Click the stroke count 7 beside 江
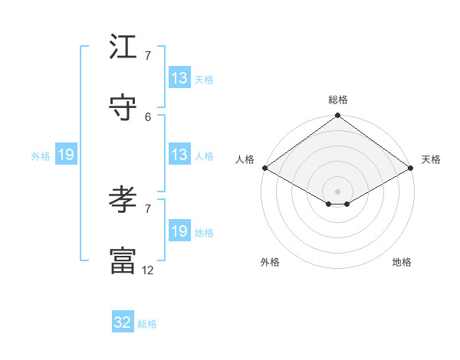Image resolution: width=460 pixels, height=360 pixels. tap(147, 56)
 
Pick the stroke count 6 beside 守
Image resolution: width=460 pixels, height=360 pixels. tap(147, 116)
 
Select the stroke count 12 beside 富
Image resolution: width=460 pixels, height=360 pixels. tap(147, 270)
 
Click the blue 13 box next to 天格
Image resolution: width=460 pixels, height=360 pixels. tap(179, 78)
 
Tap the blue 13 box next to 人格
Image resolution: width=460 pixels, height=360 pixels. tap(179, 155)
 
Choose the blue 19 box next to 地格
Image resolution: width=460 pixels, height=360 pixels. tap(179, 231)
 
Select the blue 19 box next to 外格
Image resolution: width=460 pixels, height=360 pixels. tap(66, 155)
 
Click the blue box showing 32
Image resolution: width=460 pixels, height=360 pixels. tap(123, 322)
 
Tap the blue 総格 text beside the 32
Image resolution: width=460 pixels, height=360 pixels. tap(147, 324)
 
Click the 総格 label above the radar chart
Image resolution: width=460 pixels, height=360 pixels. tap(338, 100)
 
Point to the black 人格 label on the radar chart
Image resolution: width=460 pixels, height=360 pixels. tap(245, 159)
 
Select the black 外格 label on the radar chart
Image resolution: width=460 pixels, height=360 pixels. tap(270, 262)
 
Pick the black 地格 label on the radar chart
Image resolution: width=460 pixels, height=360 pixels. tap(402, 262)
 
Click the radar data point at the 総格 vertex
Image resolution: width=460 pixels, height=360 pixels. tap(337, 116)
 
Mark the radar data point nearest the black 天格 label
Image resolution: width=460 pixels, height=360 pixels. tap(411, 168)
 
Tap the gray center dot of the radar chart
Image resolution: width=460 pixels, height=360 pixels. tap(337, 191)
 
